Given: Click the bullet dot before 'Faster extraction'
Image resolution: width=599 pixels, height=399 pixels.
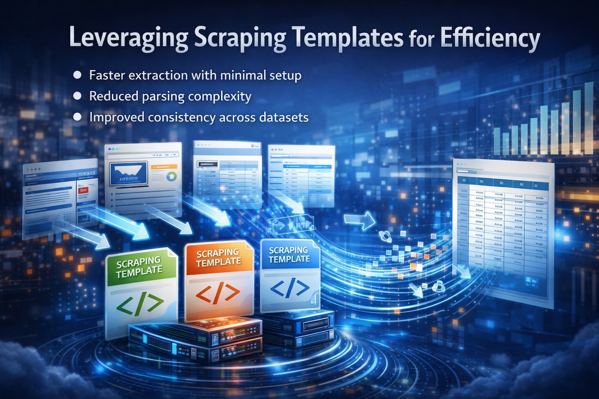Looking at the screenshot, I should tap(78, 75).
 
